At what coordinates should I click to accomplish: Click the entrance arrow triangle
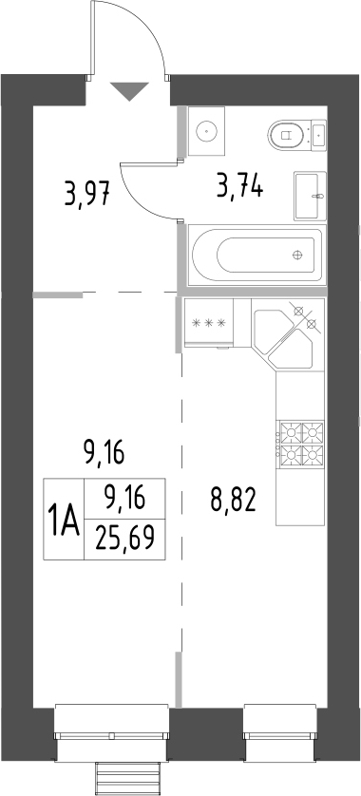coord(130,91)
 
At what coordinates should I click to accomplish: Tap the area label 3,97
coord(88,196)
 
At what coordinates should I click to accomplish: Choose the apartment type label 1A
coord(64,521)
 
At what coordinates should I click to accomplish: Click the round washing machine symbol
coord(205,130)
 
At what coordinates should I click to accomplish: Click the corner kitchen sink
coord(288,337)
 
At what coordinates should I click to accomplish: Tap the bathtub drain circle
coord(298,255)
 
